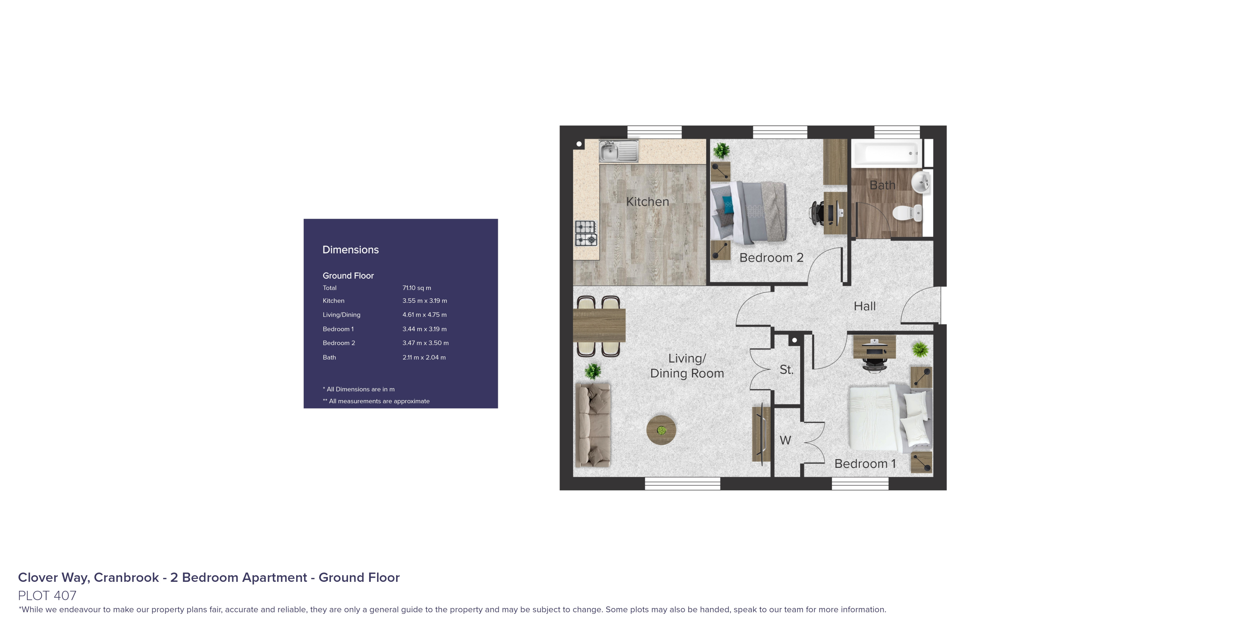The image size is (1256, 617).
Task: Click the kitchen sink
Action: (618, 151)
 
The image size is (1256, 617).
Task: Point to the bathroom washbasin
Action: (922, 183)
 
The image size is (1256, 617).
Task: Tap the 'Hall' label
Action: (864, 306)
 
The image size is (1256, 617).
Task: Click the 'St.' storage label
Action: (786, 370)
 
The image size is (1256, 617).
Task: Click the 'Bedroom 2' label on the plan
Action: (771, 258)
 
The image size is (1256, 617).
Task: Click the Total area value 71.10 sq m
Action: (416, 288)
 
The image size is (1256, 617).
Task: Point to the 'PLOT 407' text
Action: (47, 595)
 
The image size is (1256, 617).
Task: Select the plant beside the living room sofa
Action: (593, 372)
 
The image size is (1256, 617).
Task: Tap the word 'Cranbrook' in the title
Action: (126, 577)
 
